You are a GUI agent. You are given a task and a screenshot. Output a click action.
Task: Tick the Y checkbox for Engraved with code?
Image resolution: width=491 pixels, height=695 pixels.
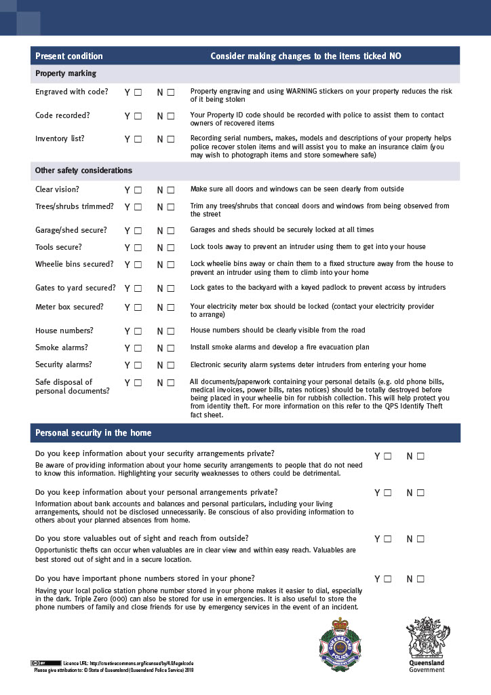point(138,92)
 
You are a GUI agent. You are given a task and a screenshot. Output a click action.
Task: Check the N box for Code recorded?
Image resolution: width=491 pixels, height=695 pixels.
point(170,116)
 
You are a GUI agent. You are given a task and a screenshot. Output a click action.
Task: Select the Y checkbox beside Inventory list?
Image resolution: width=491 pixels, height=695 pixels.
point(138,139)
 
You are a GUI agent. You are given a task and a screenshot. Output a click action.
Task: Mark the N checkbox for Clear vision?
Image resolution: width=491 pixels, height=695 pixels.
point(170,190)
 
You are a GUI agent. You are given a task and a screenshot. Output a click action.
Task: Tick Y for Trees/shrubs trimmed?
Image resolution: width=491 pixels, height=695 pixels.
point(138,207)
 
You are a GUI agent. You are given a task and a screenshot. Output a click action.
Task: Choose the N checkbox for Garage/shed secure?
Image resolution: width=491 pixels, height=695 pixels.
point(170,231)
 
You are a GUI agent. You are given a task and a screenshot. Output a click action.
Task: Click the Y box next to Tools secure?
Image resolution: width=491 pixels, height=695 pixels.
point(138,248)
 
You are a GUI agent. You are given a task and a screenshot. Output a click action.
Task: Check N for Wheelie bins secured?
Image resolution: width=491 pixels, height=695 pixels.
point(170,265)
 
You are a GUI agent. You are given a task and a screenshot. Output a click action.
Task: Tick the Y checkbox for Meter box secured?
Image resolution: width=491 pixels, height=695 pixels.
point(138,307)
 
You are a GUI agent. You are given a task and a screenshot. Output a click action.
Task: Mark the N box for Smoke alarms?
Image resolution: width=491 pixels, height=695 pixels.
point(170,348)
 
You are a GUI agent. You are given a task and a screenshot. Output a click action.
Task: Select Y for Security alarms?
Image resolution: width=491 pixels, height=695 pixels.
point(138,365)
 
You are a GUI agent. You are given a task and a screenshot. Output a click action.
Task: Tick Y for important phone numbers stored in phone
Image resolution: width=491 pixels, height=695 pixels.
point(388,579)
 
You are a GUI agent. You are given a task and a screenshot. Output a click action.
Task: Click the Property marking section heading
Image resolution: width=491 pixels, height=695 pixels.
point(66,73)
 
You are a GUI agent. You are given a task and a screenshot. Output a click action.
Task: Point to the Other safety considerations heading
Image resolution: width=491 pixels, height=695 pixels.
point(83,170)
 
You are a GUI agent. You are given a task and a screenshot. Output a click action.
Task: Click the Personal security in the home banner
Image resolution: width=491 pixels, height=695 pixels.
point(94,433)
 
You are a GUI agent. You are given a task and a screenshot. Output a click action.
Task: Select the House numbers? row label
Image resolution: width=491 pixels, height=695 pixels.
point(64,331)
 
